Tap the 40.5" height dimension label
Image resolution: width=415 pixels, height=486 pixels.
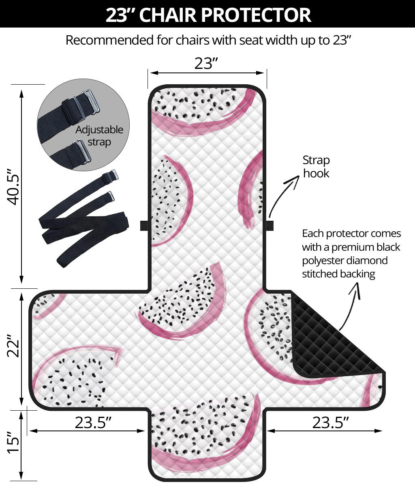point(13,187)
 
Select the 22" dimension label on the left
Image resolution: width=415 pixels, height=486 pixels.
point(13,345)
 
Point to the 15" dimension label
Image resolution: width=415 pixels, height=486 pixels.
point(13,442)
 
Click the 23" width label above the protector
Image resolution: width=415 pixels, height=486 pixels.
point(206,64)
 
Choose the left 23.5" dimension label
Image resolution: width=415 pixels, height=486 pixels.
point(93,422)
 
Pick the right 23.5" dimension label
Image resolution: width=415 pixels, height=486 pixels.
point(330,422)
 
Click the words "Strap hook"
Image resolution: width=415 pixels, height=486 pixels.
point(316,167)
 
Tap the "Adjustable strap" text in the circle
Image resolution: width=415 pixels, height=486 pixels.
point(99,136)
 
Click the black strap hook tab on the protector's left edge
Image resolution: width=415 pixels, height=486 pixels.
point(144,226)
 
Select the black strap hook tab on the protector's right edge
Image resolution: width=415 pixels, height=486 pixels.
point(270,226)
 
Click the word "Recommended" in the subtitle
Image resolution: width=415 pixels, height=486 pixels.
point(110,40)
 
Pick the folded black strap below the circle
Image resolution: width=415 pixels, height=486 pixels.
point(83,219)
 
